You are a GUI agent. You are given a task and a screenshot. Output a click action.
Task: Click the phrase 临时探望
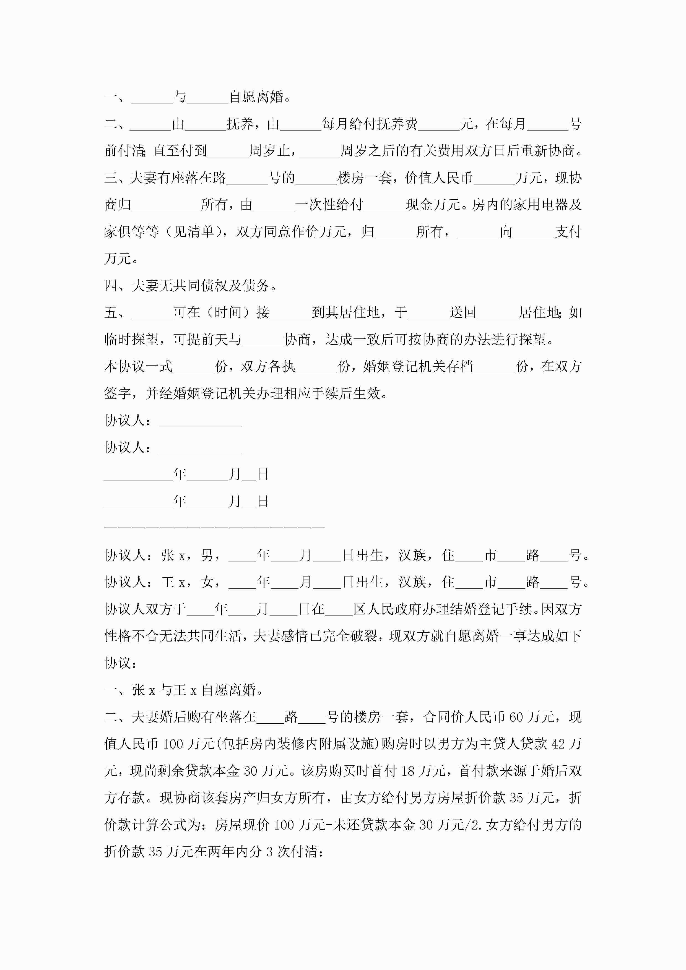(x=131, y=340)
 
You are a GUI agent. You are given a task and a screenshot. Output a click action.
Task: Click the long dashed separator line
(x=214, y=528)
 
